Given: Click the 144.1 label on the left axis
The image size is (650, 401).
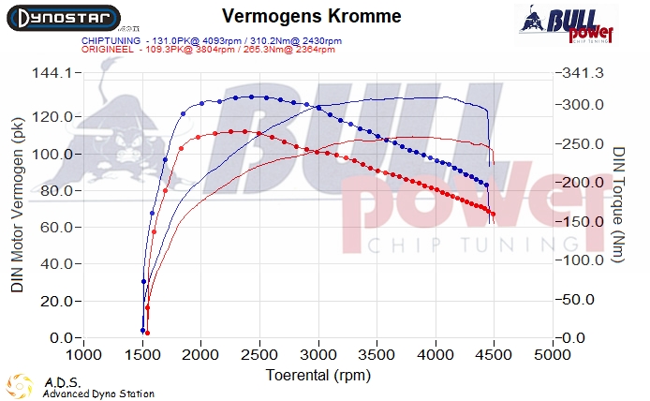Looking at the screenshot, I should [x=54, y=73].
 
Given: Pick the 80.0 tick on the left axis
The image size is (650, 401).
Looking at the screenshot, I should [x=57, y=190].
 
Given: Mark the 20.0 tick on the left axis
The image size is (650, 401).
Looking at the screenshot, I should [x=57, y=301].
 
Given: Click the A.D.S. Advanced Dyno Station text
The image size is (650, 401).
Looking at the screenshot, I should [x=98, y=388].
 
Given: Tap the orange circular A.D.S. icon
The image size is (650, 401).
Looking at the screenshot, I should [x=20, y=385].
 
